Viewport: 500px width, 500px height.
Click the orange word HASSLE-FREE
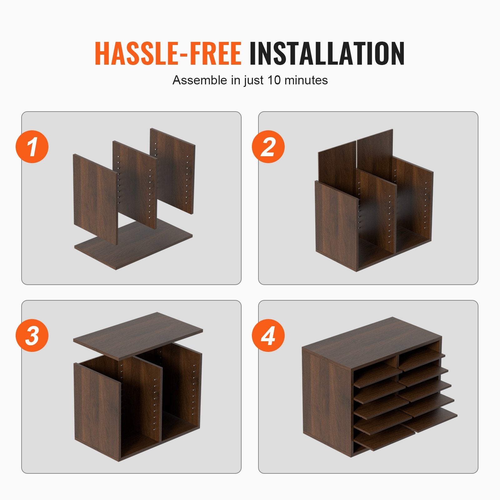(x=168, y=53)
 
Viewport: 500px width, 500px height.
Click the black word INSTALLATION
(x=327, y=53)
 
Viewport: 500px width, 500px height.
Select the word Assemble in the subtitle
(x=200, y=80)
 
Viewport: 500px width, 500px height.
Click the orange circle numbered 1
(x=32, y=147)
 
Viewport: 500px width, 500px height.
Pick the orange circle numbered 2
(x=268, y=147)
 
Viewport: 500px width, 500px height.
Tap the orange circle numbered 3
(x=32, y=336)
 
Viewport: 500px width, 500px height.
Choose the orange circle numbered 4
(x=268, y=336)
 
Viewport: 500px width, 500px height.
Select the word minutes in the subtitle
(x=306, y=80)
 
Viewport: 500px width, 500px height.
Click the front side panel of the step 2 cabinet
(x=336, y=225)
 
